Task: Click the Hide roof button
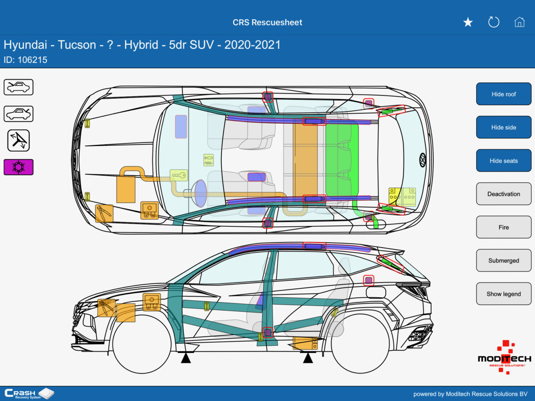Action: [503, 94]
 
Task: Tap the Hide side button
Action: [503, 127]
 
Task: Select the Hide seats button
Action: [503, 161]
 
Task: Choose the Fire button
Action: [503, 227]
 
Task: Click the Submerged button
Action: [503, 261]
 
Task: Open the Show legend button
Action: [503, 294]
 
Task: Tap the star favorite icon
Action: [468, 22]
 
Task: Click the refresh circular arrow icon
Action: [494, 22]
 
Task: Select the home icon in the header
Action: [519, 22]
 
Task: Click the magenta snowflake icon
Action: [19, 167]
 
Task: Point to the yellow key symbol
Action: [178, 175]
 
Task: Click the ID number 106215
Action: [32, 60]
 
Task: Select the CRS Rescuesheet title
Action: [267, 22]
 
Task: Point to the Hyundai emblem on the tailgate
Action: [422, 160]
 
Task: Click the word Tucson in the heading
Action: [77, 45]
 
